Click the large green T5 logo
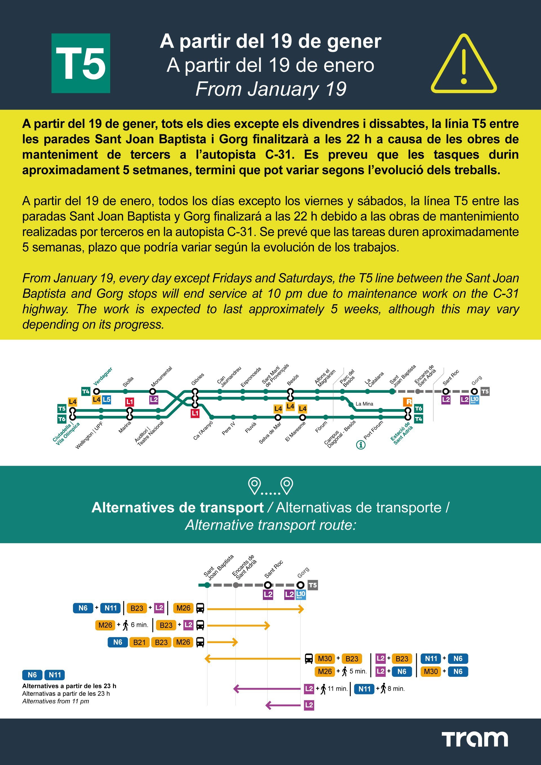81,63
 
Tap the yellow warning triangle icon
464,64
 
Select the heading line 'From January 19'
271,89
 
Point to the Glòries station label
198,380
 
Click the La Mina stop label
364,404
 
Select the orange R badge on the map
408,402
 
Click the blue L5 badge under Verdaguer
107,400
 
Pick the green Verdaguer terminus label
103,376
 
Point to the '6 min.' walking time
139,625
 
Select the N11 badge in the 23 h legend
55,675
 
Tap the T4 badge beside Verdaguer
86,391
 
